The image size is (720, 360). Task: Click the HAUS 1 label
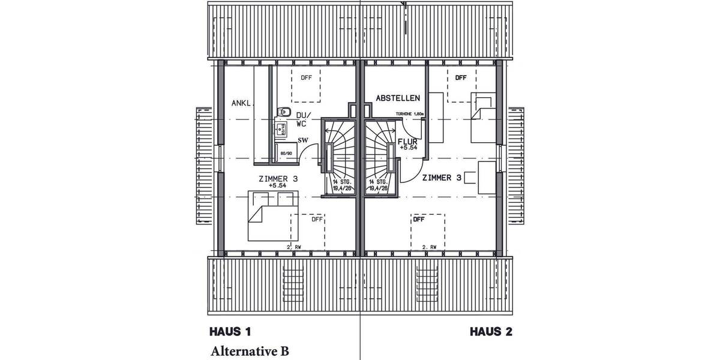(230, 331)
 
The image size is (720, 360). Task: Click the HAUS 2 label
(491, 331)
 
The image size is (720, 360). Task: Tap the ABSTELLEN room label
(398, 98)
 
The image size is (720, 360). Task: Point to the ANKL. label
(242, 103)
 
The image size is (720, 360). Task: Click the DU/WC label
(303, 119)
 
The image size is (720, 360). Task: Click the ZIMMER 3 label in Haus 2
(442, 178)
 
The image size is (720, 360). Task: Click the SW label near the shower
(304, 140)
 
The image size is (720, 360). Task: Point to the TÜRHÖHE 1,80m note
(410, 114)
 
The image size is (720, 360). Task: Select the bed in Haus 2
(484, 117)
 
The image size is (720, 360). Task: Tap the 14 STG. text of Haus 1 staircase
(340, 181)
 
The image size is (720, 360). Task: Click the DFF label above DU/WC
(306, 77)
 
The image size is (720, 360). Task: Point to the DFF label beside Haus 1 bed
(317, 220)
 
